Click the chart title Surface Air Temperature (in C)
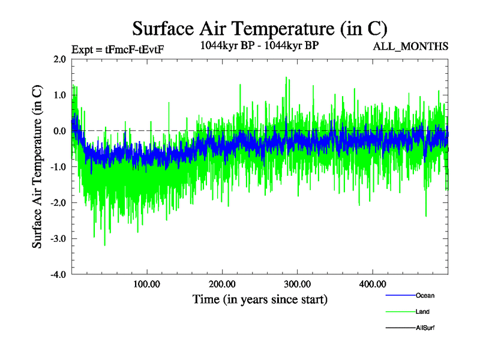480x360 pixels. [x=259, y=29]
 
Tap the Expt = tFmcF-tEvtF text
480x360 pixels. [x=118, y=49]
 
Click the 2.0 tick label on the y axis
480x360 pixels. [x=60, y=59]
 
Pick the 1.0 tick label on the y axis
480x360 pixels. [x=60, y=95]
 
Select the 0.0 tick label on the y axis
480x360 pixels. [x=60, y=131]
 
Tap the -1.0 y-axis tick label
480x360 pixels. [x=58, y=167]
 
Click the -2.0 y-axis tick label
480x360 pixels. [x=58, y=203]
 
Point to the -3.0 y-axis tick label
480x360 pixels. [x=58, y=239]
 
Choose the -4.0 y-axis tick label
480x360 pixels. [x=58, y=275]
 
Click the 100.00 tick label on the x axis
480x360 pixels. [x=146, y=284]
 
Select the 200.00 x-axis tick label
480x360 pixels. [x=222, y=284]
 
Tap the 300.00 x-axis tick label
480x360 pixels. [x=297, y=284]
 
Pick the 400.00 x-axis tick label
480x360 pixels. [x=372, y=284]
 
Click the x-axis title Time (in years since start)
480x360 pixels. [x=260, y=299]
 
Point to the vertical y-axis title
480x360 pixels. [x=37, y=167]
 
